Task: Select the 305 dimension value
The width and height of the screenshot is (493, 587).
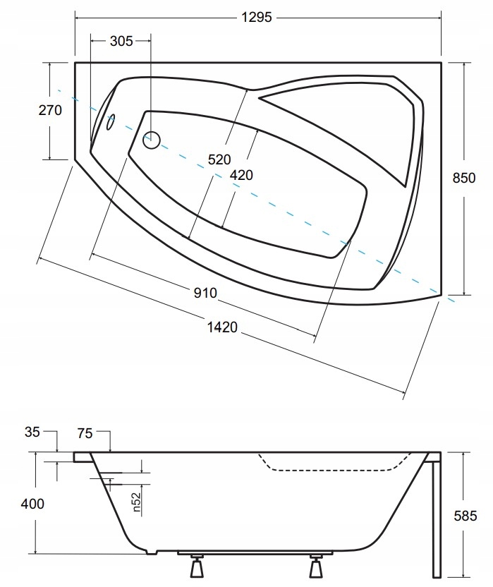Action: tap(121, 41)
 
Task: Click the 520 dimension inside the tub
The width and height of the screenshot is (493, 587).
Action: tap(219, 159)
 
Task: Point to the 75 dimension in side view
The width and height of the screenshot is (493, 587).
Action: tap(84, 432)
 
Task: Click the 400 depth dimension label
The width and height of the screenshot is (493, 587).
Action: tap(32, 504)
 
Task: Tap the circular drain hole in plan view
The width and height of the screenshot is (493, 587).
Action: tap(152, 140)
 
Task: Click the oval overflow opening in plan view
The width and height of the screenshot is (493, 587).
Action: tap(110, 123)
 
